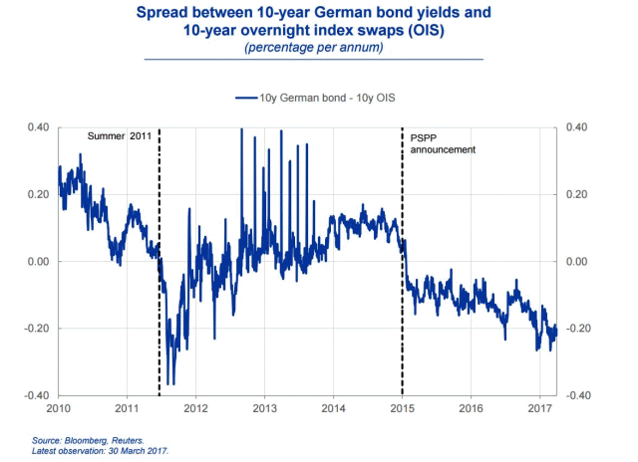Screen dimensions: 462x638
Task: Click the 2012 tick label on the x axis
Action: click(x=195, y=408)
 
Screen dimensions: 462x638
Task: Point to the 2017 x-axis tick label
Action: click(x=539, y=408)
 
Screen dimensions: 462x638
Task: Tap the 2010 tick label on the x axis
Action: click(x=58, y=408)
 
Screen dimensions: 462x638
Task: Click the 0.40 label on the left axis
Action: click(x=38, y=127)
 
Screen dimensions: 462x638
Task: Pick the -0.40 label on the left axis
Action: click(x=36, y=395)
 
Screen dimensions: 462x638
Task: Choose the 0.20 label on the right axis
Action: click(x=578, y=194)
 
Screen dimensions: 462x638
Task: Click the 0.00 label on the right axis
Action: click(x=578, y=261)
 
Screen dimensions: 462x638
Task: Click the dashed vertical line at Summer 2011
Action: click(x=159, y=299)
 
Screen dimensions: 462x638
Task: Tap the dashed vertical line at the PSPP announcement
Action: click(x=402, y=319)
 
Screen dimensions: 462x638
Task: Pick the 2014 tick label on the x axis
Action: click(x=333, y=408)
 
